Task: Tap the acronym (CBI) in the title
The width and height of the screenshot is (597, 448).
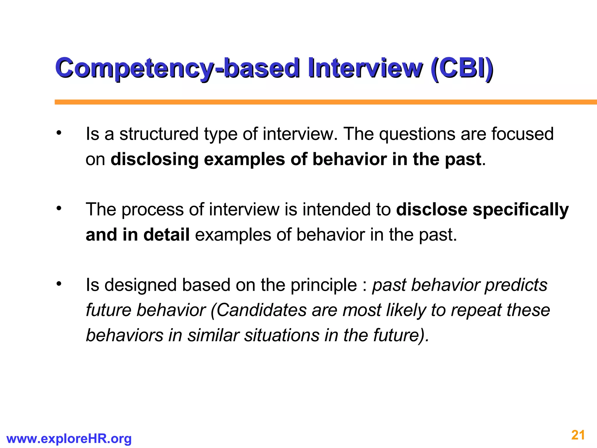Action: pos(462,68)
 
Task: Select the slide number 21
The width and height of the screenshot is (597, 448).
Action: pos(578,435)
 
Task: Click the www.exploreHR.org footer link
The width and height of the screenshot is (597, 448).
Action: pos(69,439)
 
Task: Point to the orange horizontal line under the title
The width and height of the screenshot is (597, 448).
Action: pos(321,102)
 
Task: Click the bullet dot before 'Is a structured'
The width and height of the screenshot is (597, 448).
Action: pos(59,133)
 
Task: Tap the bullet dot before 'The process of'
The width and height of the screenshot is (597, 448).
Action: pos(59,208)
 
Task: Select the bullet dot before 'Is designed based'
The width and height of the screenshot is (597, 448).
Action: pos(59,283)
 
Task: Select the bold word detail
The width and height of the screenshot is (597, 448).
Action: pos(166,235)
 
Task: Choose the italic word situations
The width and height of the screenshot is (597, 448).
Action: pos(282,335)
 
